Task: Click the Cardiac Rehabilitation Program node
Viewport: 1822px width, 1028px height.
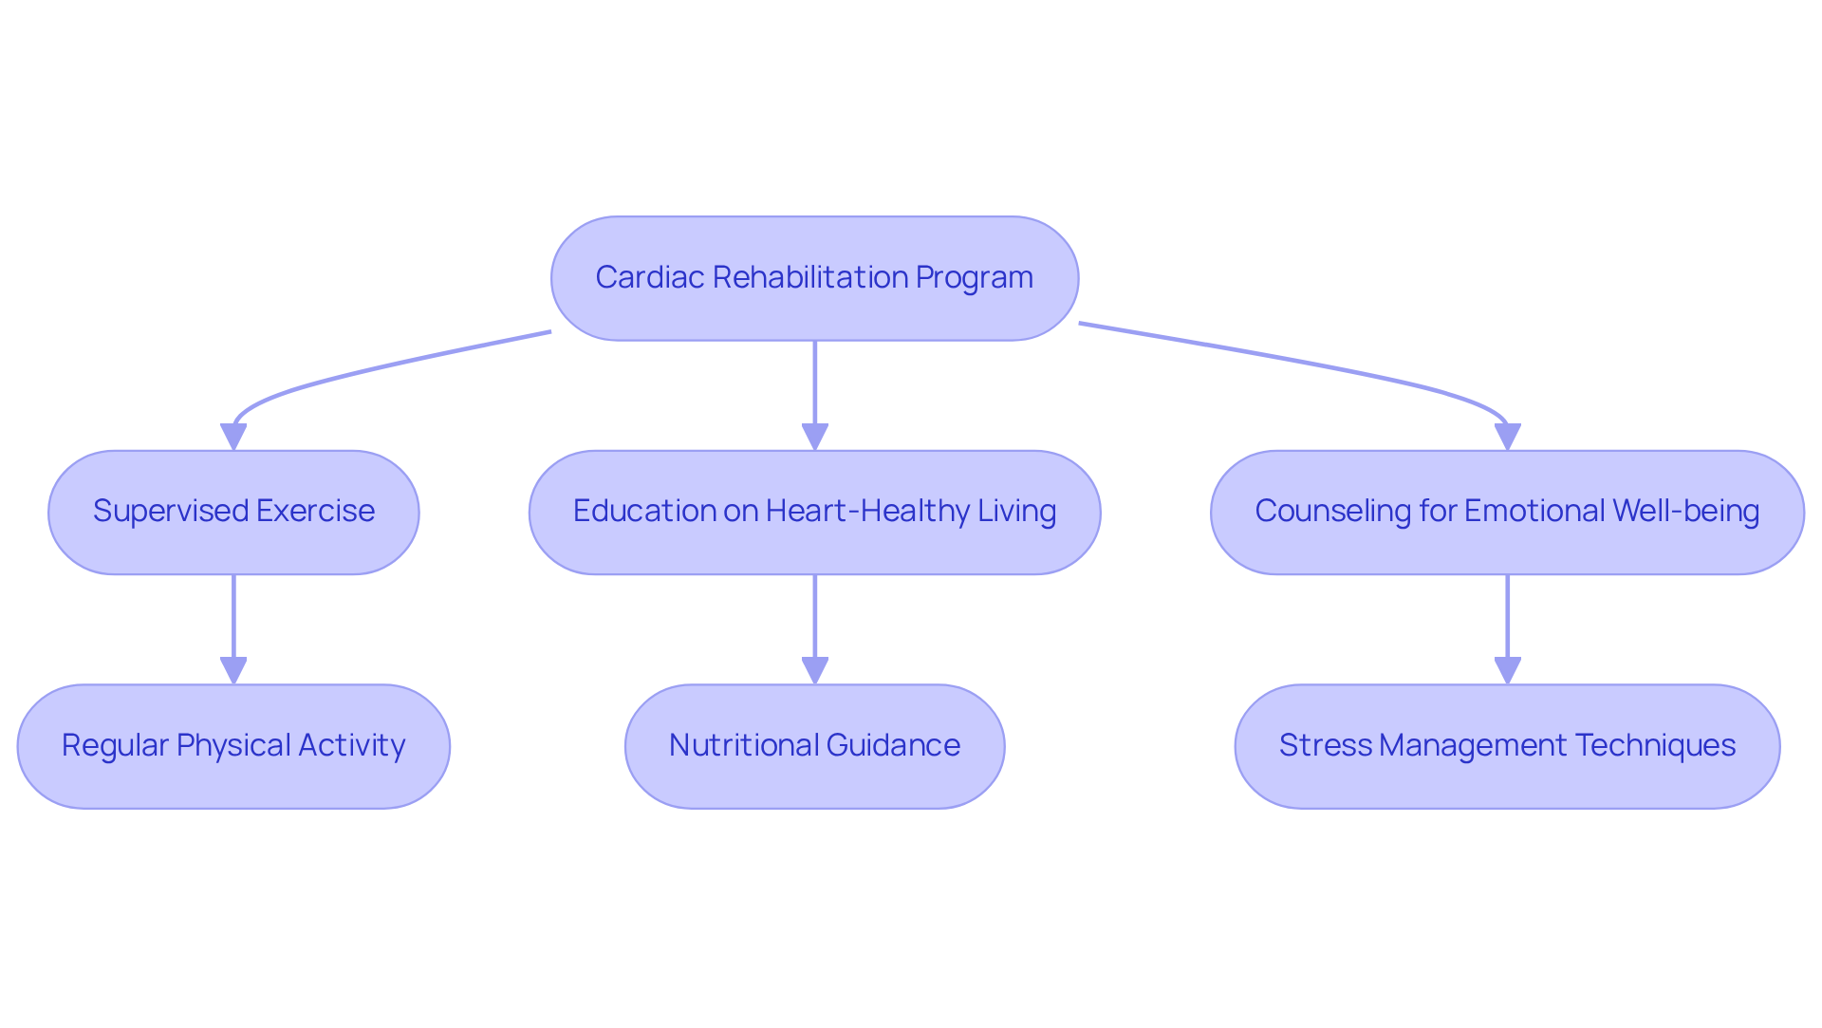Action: point(814,278)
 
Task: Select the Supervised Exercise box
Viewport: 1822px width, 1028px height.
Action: point(233,513)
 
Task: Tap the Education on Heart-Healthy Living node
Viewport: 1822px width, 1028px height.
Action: point(814,513)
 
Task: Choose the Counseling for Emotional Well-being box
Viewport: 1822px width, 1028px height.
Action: point(1507,513)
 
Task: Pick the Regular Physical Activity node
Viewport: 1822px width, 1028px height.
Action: point(233,746)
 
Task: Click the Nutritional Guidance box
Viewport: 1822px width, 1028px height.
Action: point(814,746)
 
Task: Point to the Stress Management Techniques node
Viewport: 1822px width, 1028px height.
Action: point(1507,746)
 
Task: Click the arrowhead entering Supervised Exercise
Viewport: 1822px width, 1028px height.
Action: point(233,437)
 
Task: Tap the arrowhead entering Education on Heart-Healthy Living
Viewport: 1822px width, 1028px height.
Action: point(814,437)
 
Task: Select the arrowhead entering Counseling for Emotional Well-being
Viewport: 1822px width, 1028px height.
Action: point(1507,437)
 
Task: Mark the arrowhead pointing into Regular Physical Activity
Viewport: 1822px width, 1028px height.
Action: point(233,670)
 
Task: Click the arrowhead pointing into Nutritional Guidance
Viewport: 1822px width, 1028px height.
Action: point(814,670)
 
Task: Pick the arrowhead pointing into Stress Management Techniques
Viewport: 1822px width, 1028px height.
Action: point(1507,670)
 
